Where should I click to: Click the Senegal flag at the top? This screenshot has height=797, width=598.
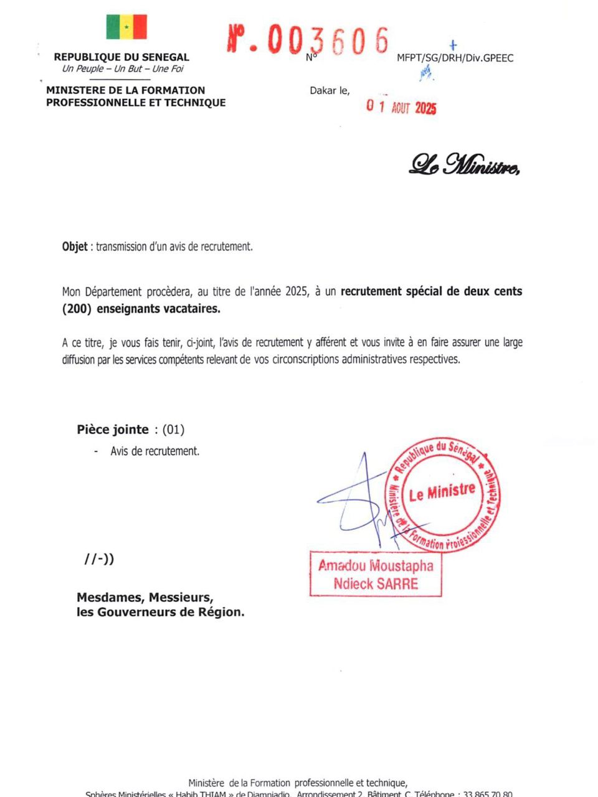[126, 27]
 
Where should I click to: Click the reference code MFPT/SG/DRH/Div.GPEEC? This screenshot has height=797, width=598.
[455, 58]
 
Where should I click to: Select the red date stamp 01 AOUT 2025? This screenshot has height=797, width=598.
[401, 107]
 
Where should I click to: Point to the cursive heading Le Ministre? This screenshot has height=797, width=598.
[464, 164]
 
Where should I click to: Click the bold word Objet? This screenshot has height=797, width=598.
[75, 247]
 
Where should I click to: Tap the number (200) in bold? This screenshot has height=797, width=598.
[75, 309]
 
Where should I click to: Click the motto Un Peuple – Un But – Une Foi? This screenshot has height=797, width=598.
[123, 69]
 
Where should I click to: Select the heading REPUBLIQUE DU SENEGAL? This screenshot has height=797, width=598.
[121, 57]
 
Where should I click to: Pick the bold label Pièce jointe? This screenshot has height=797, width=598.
[113, 430]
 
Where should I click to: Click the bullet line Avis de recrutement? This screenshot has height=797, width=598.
[155, 451]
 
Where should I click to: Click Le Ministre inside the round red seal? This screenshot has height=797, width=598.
[442, 493]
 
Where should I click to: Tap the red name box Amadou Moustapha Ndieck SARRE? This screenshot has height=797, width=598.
[376, 574]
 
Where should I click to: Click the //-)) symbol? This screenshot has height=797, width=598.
[99, 559]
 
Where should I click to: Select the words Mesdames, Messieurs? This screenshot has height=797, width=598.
[145, 598]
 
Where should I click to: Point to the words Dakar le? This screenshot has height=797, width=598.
[330, 91]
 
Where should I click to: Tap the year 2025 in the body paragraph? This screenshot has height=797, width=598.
[297, 291]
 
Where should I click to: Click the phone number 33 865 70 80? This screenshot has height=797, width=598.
[488, 794]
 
